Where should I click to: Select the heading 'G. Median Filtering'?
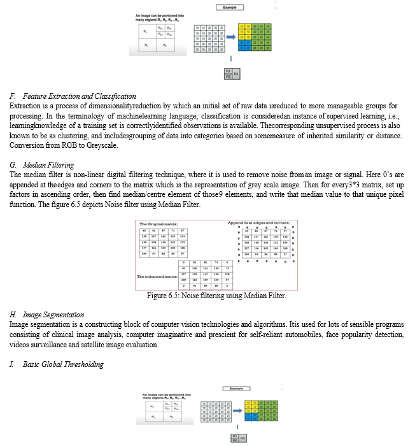click(46, 165)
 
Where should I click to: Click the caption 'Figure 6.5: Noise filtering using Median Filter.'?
click(216, 296)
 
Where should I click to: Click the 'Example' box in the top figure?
click(229, 7)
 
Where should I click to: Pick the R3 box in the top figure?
click(236, 73)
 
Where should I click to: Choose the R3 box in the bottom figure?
click(243, 438)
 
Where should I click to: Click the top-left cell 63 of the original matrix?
click(144, 230)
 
